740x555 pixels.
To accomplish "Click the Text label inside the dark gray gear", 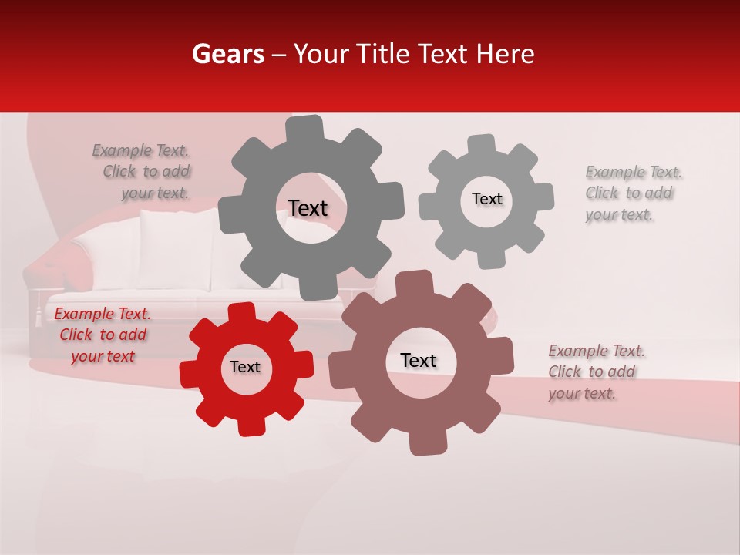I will [x=308, y=208].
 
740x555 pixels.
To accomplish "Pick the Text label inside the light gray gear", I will [x=486, y=199].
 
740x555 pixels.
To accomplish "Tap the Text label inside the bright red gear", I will [x=245, y=367].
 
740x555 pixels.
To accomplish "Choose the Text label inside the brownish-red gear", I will [x=419, y=360].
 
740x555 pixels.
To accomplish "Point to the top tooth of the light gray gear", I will [x=482, y=144].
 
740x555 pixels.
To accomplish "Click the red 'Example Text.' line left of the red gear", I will [x=103, y=314].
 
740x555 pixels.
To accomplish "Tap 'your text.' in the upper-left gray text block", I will [x=154, y=193].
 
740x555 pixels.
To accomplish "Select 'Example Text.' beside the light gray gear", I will [x=634, y=172].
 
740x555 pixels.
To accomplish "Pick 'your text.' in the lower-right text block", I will [x=582, y=393].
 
